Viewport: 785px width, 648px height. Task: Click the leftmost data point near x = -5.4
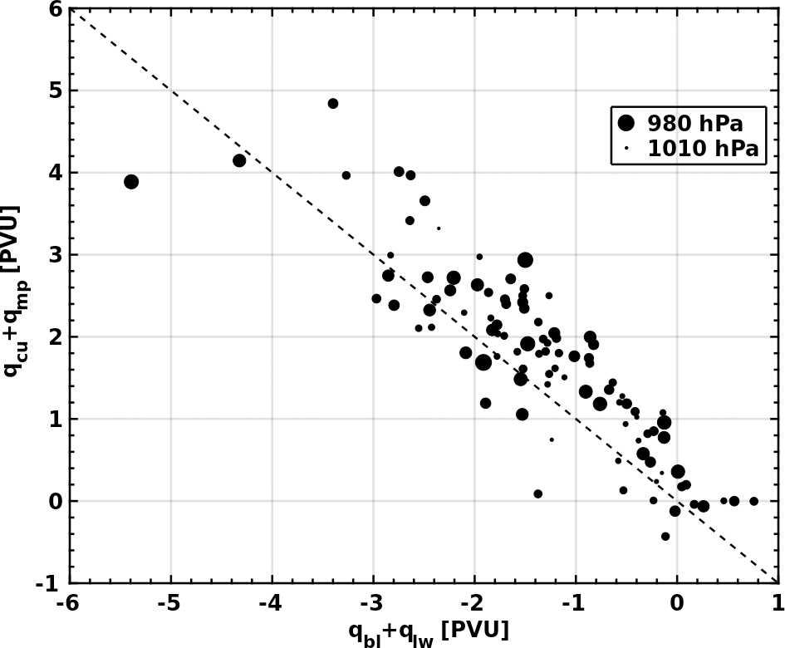131,182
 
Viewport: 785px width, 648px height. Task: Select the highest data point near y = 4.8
333,104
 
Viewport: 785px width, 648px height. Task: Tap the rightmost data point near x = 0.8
754,501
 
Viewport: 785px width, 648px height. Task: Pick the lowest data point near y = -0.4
665,537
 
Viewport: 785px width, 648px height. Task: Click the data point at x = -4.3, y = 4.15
239,160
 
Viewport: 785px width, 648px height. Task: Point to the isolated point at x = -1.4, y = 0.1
538,493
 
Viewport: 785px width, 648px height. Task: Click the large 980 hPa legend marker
626,123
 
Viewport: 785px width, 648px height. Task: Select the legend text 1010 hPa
703,150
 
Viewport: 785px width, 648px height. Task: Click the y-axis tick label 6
56,10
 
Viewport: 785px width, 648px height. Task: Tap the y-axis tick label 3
56,255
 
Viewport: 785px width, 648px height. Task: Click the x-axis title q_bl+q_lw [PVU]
428,631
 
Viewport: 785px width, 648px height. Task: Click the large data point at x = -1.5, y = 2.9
525,260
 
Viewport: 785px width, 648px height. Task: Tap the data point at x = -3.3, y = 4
346,175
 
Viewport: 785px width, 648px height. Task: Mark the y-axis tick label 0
56,502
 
